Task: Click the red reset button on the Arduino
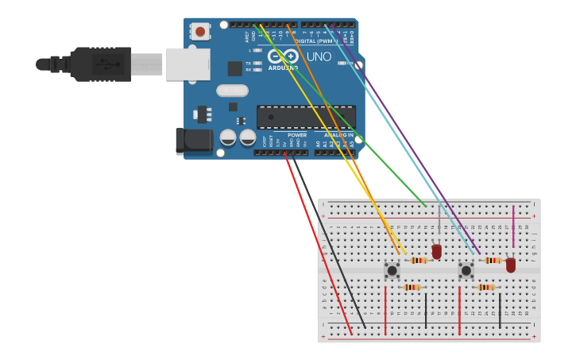[200, 32]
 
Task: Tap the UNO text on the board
[319, 57]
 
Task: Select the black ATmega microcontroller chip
[305, 117]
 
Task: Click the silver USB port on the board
[187, 64]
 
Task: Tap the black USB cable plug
[100, 64]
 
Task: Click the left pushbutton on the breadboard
[392, 270]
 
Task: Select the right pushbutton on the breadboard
[466, 270]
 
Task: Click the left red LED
[436, 251]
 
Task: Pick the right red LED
[511, 264]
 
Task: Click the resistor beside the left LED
[418, 260]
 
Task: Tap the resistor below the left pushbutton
[412, 287]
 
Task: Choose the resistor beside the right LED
[493, 260]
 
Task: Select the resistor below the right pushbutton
[486, 287]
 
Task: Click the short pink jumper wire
[513, 226]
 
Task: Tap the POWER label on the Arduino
[297, 135]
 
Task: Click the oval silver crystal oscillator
[232, 91]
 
